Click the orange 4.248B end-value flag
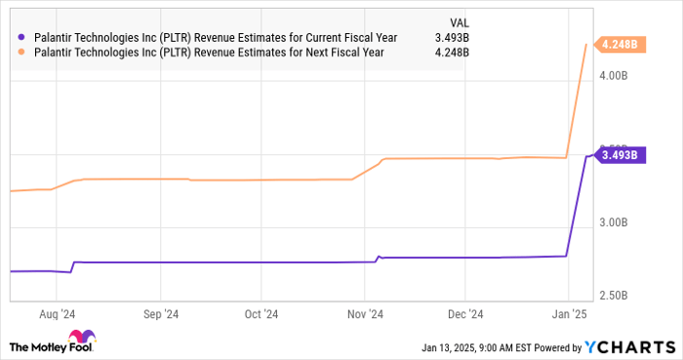click(618, 44)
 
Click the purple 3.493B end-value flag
click(618, 154)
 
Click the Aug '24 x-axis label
click(57, 314)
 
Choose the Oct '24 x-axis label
click(261, 314)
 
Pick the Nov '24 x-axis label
click(363, 314)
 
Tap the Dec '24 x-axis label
click(465, 314)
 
